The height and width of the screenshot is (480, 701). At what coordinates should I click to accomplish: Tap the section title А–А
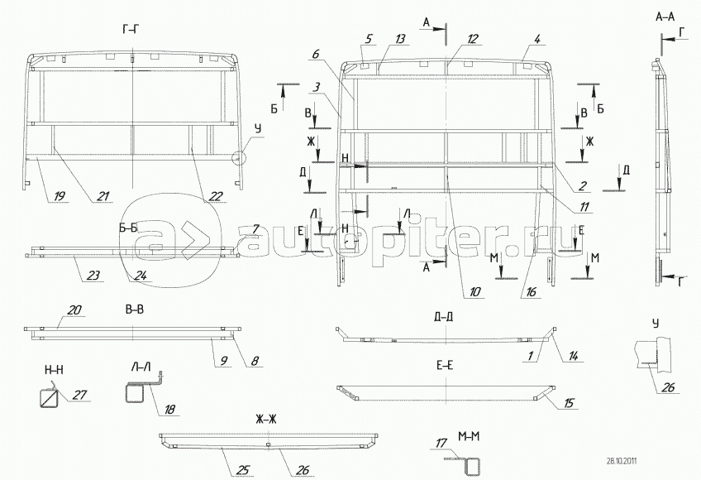click(x=666, y=17)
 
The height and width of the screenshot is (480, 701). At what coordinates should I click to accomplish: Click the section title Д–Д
click(x=443, y=316)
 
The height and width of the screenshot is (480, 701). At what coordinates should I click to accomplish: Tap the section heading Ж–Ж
click(x=268, y=419)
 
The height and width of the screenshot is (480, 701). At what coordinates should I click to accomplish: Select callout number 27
click(x=79, y=395)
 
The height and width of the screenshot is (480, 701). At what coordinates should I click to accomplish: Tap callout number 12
click(x=473, y=39)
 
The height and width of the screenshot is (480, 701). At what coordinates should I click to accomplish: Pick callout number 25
click(x=243, y=470)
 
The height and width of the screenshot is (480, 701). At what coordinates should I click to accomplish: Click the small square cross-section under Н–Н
click(x=48, y=396)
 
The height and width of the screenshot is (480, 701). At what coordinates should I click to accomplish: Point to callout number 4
click(x=537, y=38)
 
